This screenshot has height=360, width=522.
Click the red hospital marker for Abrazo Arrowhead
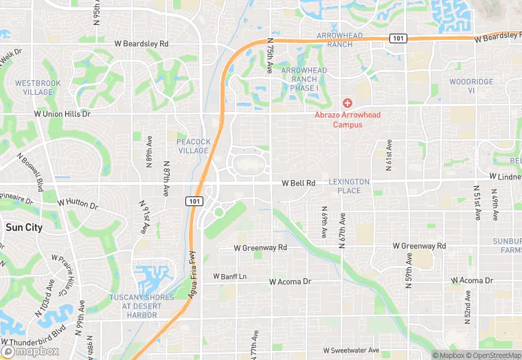348,102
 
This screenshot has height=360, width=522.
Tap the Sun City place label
23,227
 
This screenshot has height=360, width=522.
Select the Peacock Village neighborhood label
194,146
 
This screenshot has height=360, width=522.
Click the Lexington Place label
349,186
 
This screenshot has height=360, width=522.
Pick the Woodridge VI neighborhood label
471,86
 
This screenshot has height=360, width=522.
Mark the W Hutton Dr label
78,203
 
